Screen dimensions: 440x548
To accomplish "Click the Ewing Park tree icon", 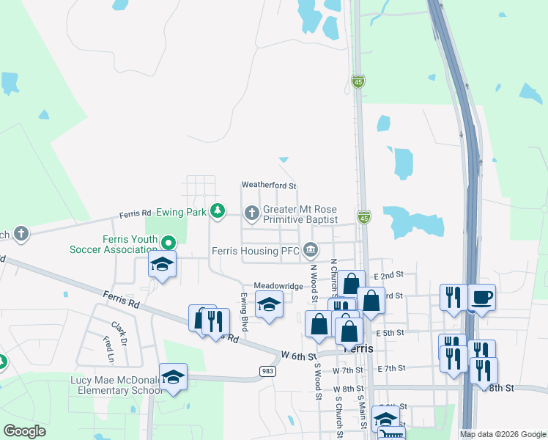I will (x=217, y=211).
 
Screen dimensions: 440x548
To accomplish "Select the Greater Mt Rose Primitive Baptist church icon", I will (x=251, y=213).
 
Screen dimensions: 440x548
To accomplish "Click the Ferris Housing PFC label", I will (x=256, y=250).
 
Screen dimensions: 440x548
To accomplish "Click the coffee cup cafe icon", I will (x=481, y=297).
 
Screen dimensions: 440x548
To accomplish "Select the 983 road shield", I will (x=267, y=372).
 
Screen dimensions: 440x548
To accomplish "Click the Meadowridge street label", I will (x=278, y=285).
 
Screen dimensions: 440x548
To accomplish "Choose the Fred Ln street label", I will (x=108, y=350).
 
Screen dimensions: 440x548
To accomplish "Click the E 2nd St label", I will (x=388, y=275).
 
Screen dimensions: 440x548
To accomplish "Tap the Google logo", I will (x=25, y=431).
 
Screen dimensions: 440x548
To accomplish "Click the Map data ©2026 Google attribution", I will (x=503, y=434).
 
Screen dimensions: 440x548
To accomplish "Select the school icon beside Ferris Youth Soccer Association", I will (x=162, y=264).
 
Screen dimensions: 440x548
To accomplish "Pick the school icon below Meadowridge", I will (x=269, y=304).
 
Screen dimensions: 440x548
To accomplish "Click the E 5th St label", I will (x=389, y=332).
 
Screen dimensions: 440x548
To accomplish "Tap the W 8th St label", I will (x=348, y=389).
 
